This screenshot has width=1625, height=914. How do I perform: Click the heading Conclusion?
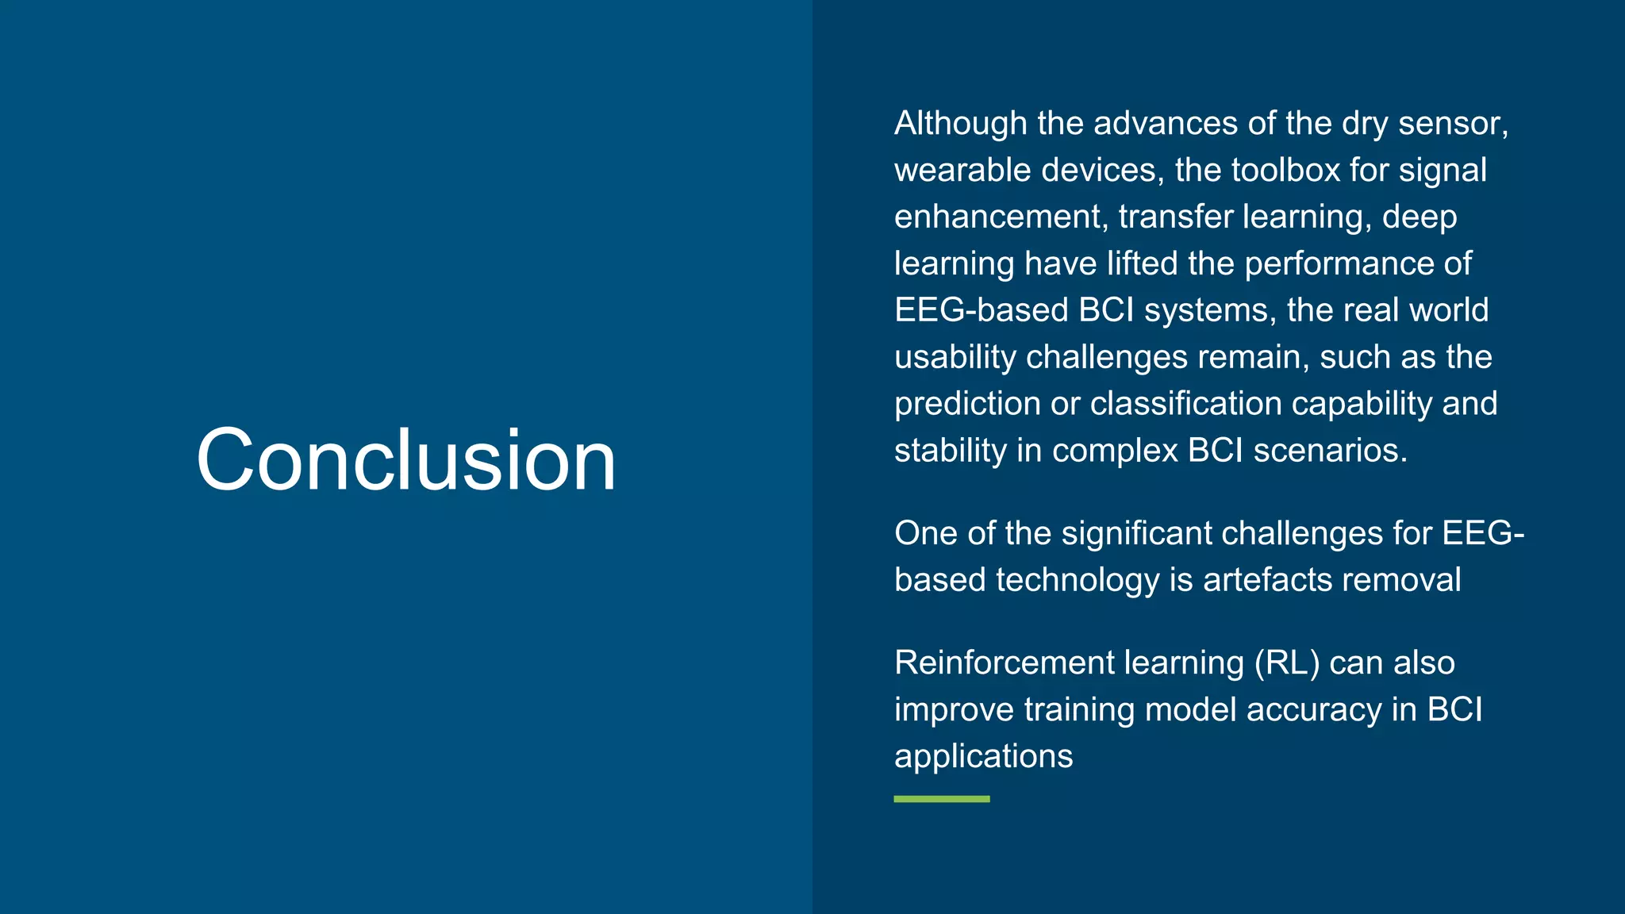405,460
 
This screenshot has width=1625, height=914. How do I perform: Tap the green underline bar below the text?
941,799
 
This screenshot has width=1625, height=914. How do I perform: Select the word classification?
1185,404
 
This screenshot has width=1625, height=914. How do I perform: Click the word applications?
983,757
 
